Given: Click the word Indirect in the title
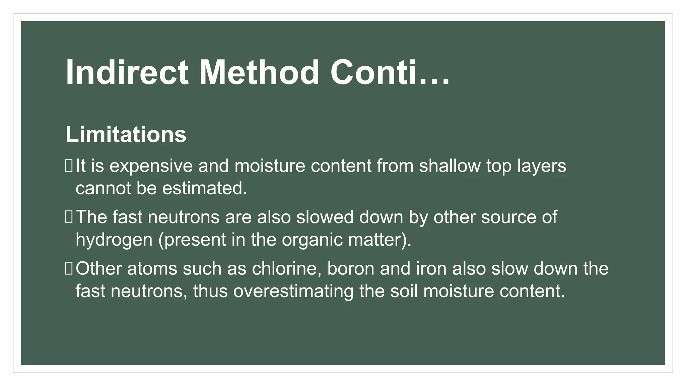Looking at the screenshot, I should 127,73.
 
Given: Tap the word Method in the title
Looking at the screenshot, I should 259,73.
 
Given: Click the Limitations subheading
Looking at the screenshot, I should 126,135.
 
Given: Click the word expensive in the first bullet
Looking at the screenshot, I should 151,167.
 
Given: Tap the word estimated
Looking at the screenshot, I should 205,188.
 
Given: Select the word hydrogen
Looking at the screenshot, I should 114,240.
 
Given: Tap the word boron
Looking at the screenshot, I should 350,269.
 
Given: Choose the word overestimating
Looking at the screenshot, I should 293,291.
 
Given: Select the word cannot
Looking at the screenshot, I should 103,188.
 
